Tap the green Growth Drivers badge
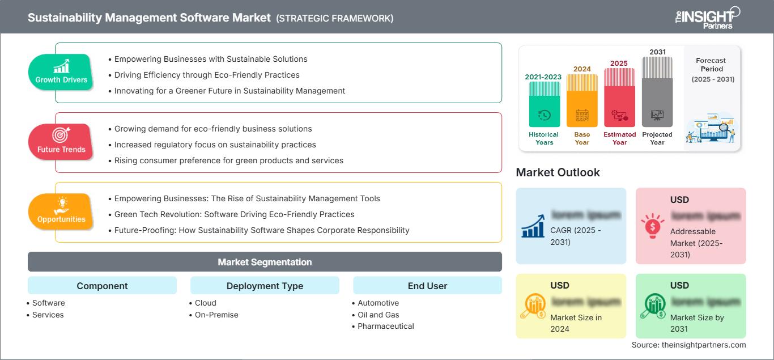pos(61,72)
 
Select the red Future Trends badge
pos(61,142)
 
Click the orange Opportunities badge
pos(61,211)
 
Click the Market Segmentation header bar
pos(265,262)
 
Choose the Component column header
pos(102,286)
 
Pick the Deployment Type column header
pos(265,286)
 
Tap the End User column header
pos(427,286)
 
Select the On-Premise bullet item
pos(216,315)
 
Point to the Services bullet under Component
pos(48,315)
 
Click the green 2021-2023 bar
pos(544,104)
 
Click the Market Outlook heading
pos(558,172)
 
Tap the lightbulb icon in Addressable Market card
pos(652,226)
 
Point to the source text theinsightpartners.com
pos(688,345)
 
